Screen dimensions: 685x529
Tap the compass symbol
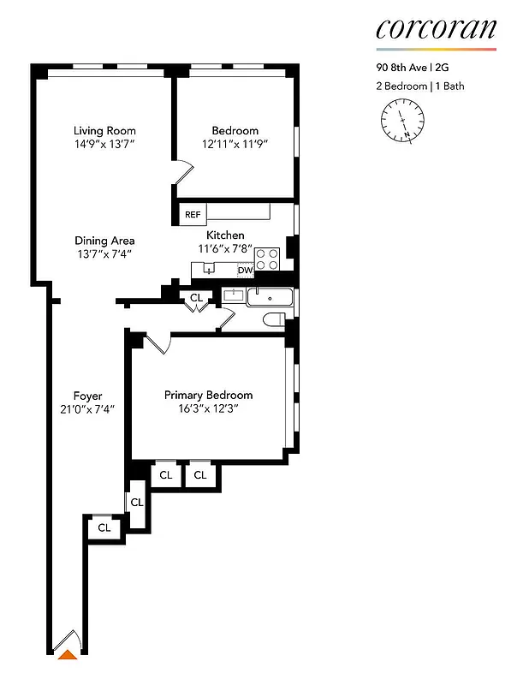point(401,120)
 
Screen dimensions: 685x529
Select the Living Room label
point(104,131)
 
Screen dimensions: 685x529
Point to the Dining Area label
point(104,241)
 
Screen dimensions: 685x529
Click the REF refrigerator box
point(190,214)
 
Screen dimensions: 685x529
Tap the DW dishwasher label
point(246,271)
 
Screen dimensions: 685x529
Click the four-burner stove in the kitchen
point(267,259)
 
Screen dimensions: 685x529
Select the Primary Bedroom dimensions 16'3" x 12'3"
point(208,408)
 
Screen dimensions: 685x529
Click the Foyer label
point(87,396)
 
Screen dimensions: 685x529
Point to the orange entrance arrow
point(66,656)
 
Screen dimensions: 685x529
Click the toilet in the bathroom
point(274,319)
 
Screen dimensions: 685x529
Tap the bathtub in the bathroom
point(269,298)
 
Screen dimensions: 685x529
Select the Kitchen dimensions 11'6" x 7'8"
point(225,248)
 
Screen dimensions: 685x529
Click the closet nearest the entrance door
point(104,527)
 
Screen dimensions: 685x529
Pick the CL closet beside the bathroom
point(196,298)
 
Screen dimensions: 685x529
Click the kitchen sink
point(208,269)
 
